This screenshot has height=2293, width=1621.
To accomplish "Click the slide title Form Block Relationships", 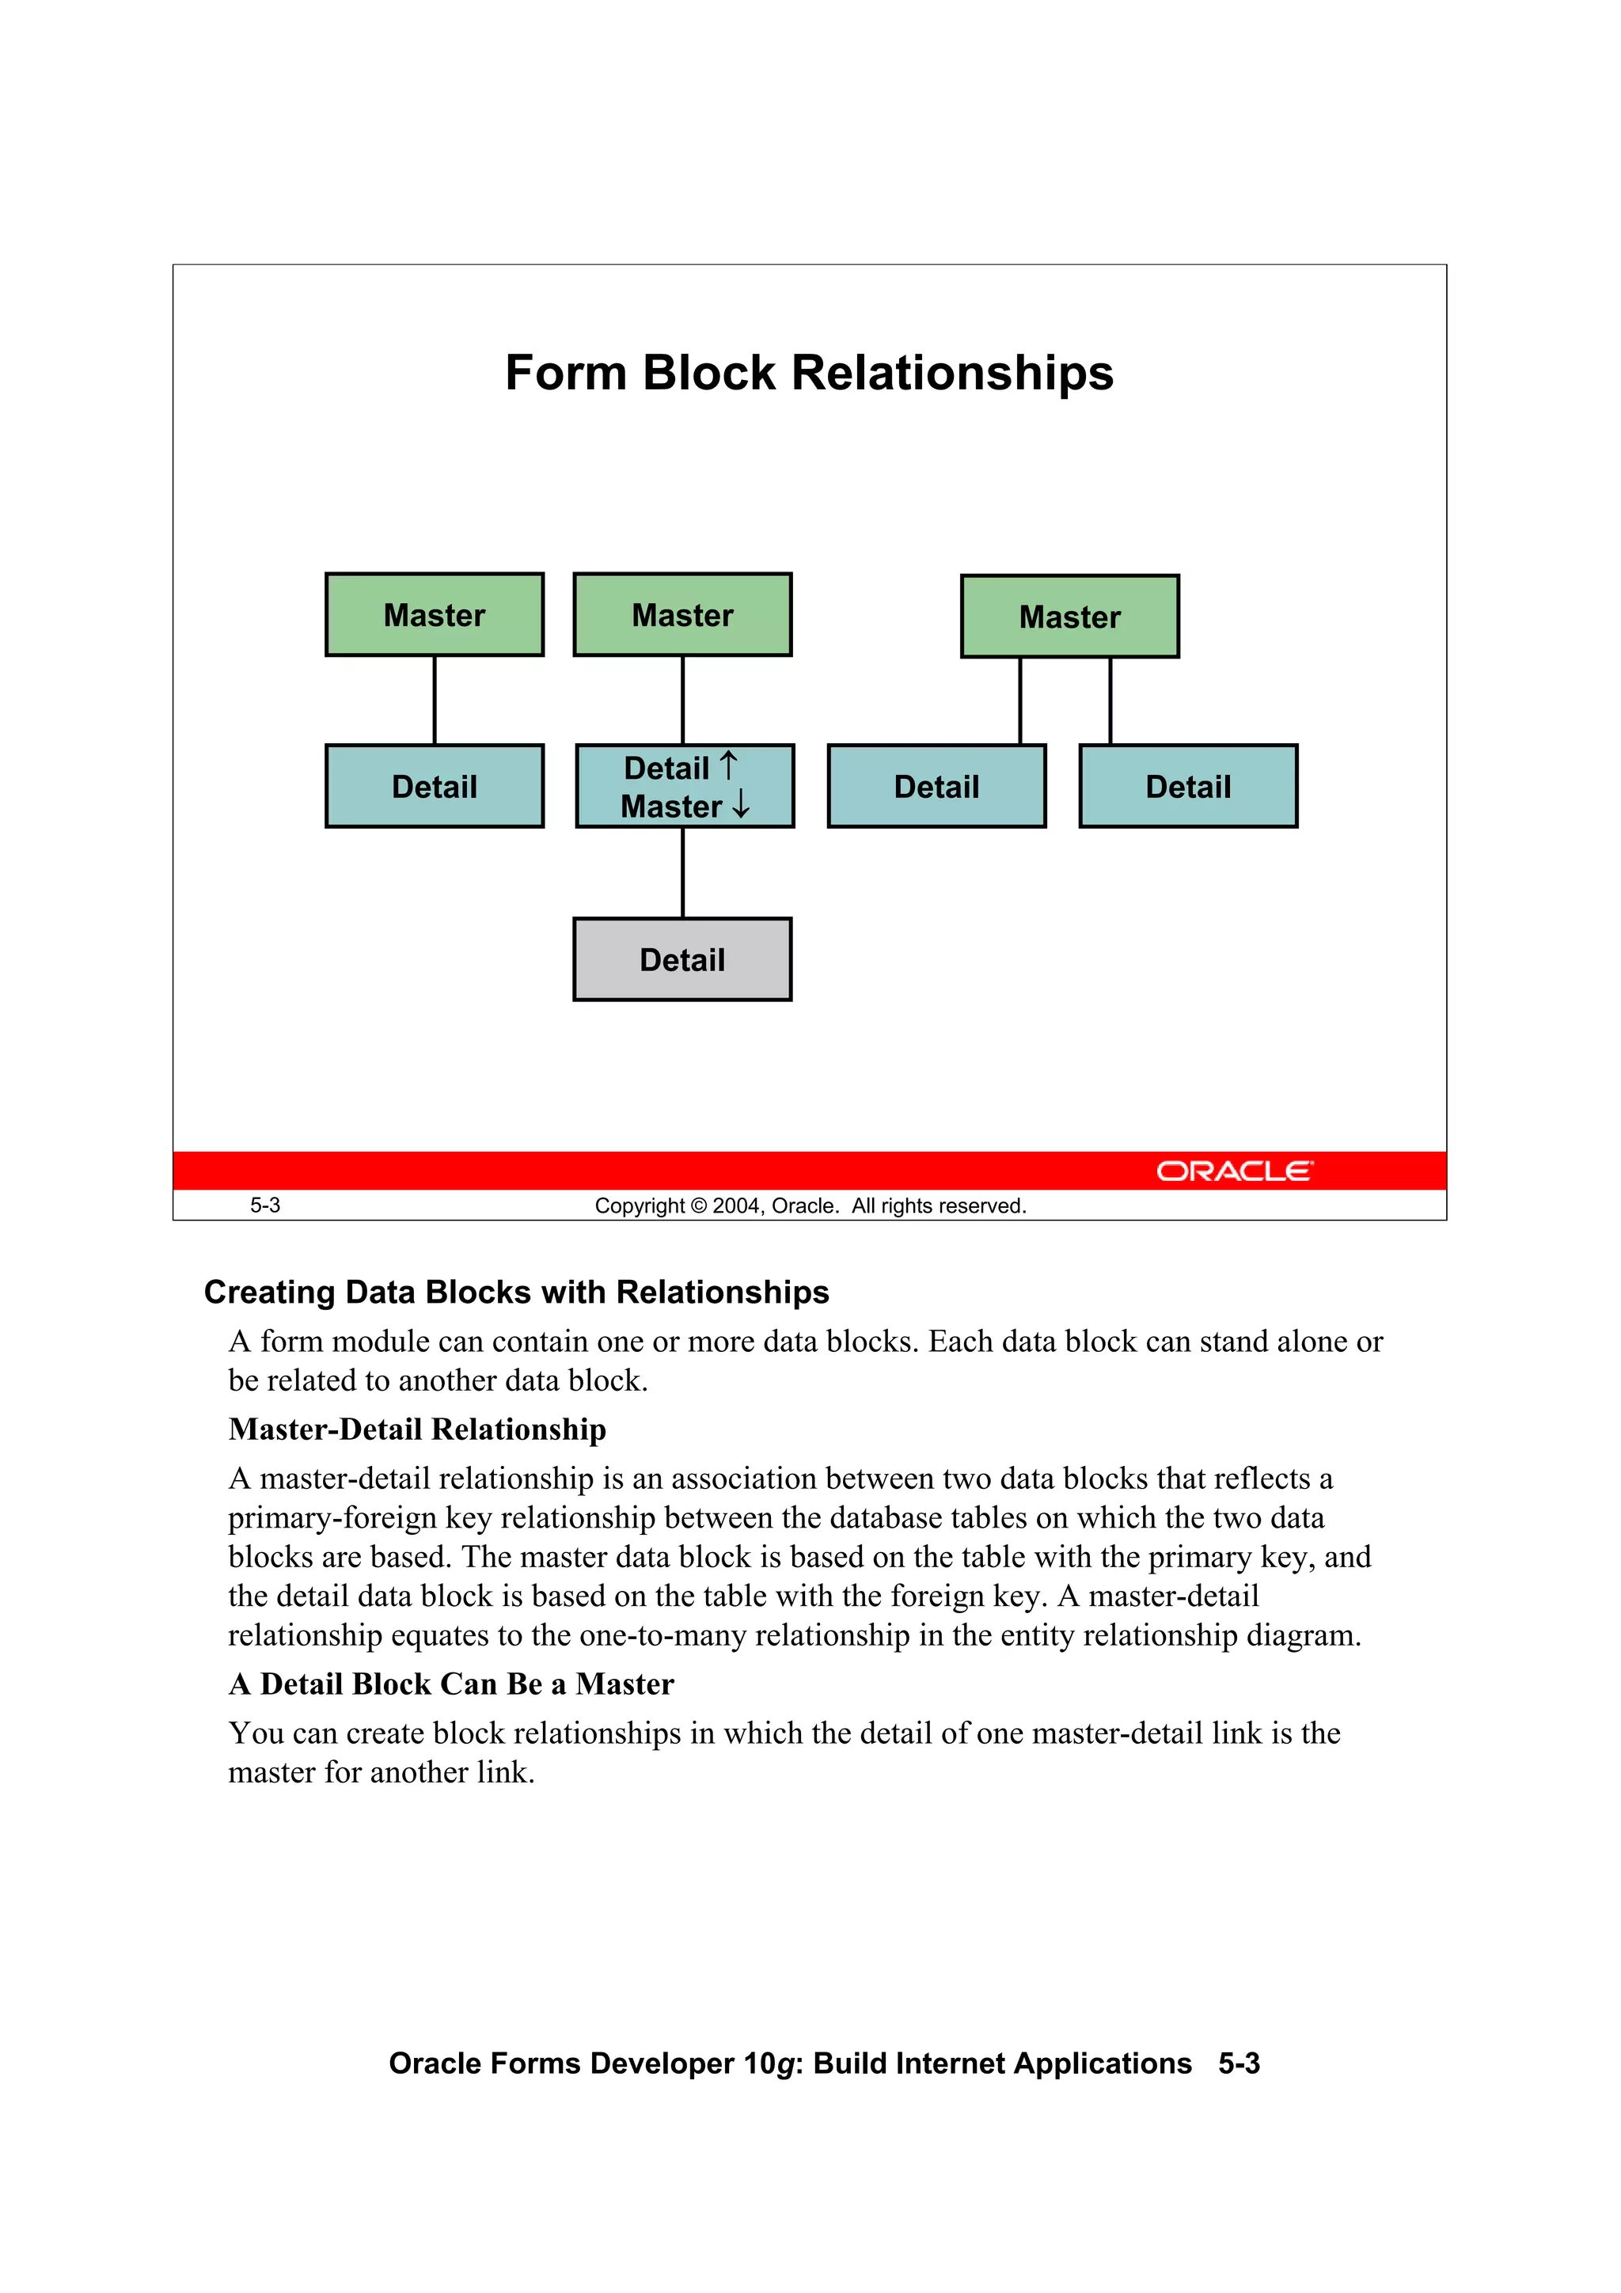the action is pyautogui.click(x=809, y=374).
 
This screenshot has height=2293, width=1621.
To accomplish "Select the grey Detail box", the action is pyautogui.click(x=682, y=960).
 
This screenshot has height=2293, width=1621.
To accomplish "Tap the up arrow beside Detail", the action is pyautogui.click(x=729, y=766).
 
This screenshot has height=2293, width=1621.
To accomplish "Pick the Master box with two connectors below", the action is pyautogui.click(x=1069, y=617).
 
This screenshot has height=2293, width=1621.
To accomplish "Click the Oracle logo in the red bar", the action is pyautogui.click(x=1235, y=1171).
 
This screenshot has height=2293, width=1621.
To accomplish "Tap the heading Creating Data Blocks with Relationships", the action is pyautogui.click(x=516, y=1293).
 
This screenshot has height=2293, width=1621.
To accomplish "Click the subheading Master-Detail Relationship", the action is pyautogui.click(x=416, y=1429).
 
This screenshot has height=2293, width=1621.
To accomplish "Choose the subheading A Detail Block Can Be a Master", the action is pyautogui.click(x=450, y=1684).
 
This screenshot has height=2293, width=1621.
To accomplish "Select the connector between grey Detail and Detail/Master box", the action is pyautogui.click(x=683, y=872).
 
